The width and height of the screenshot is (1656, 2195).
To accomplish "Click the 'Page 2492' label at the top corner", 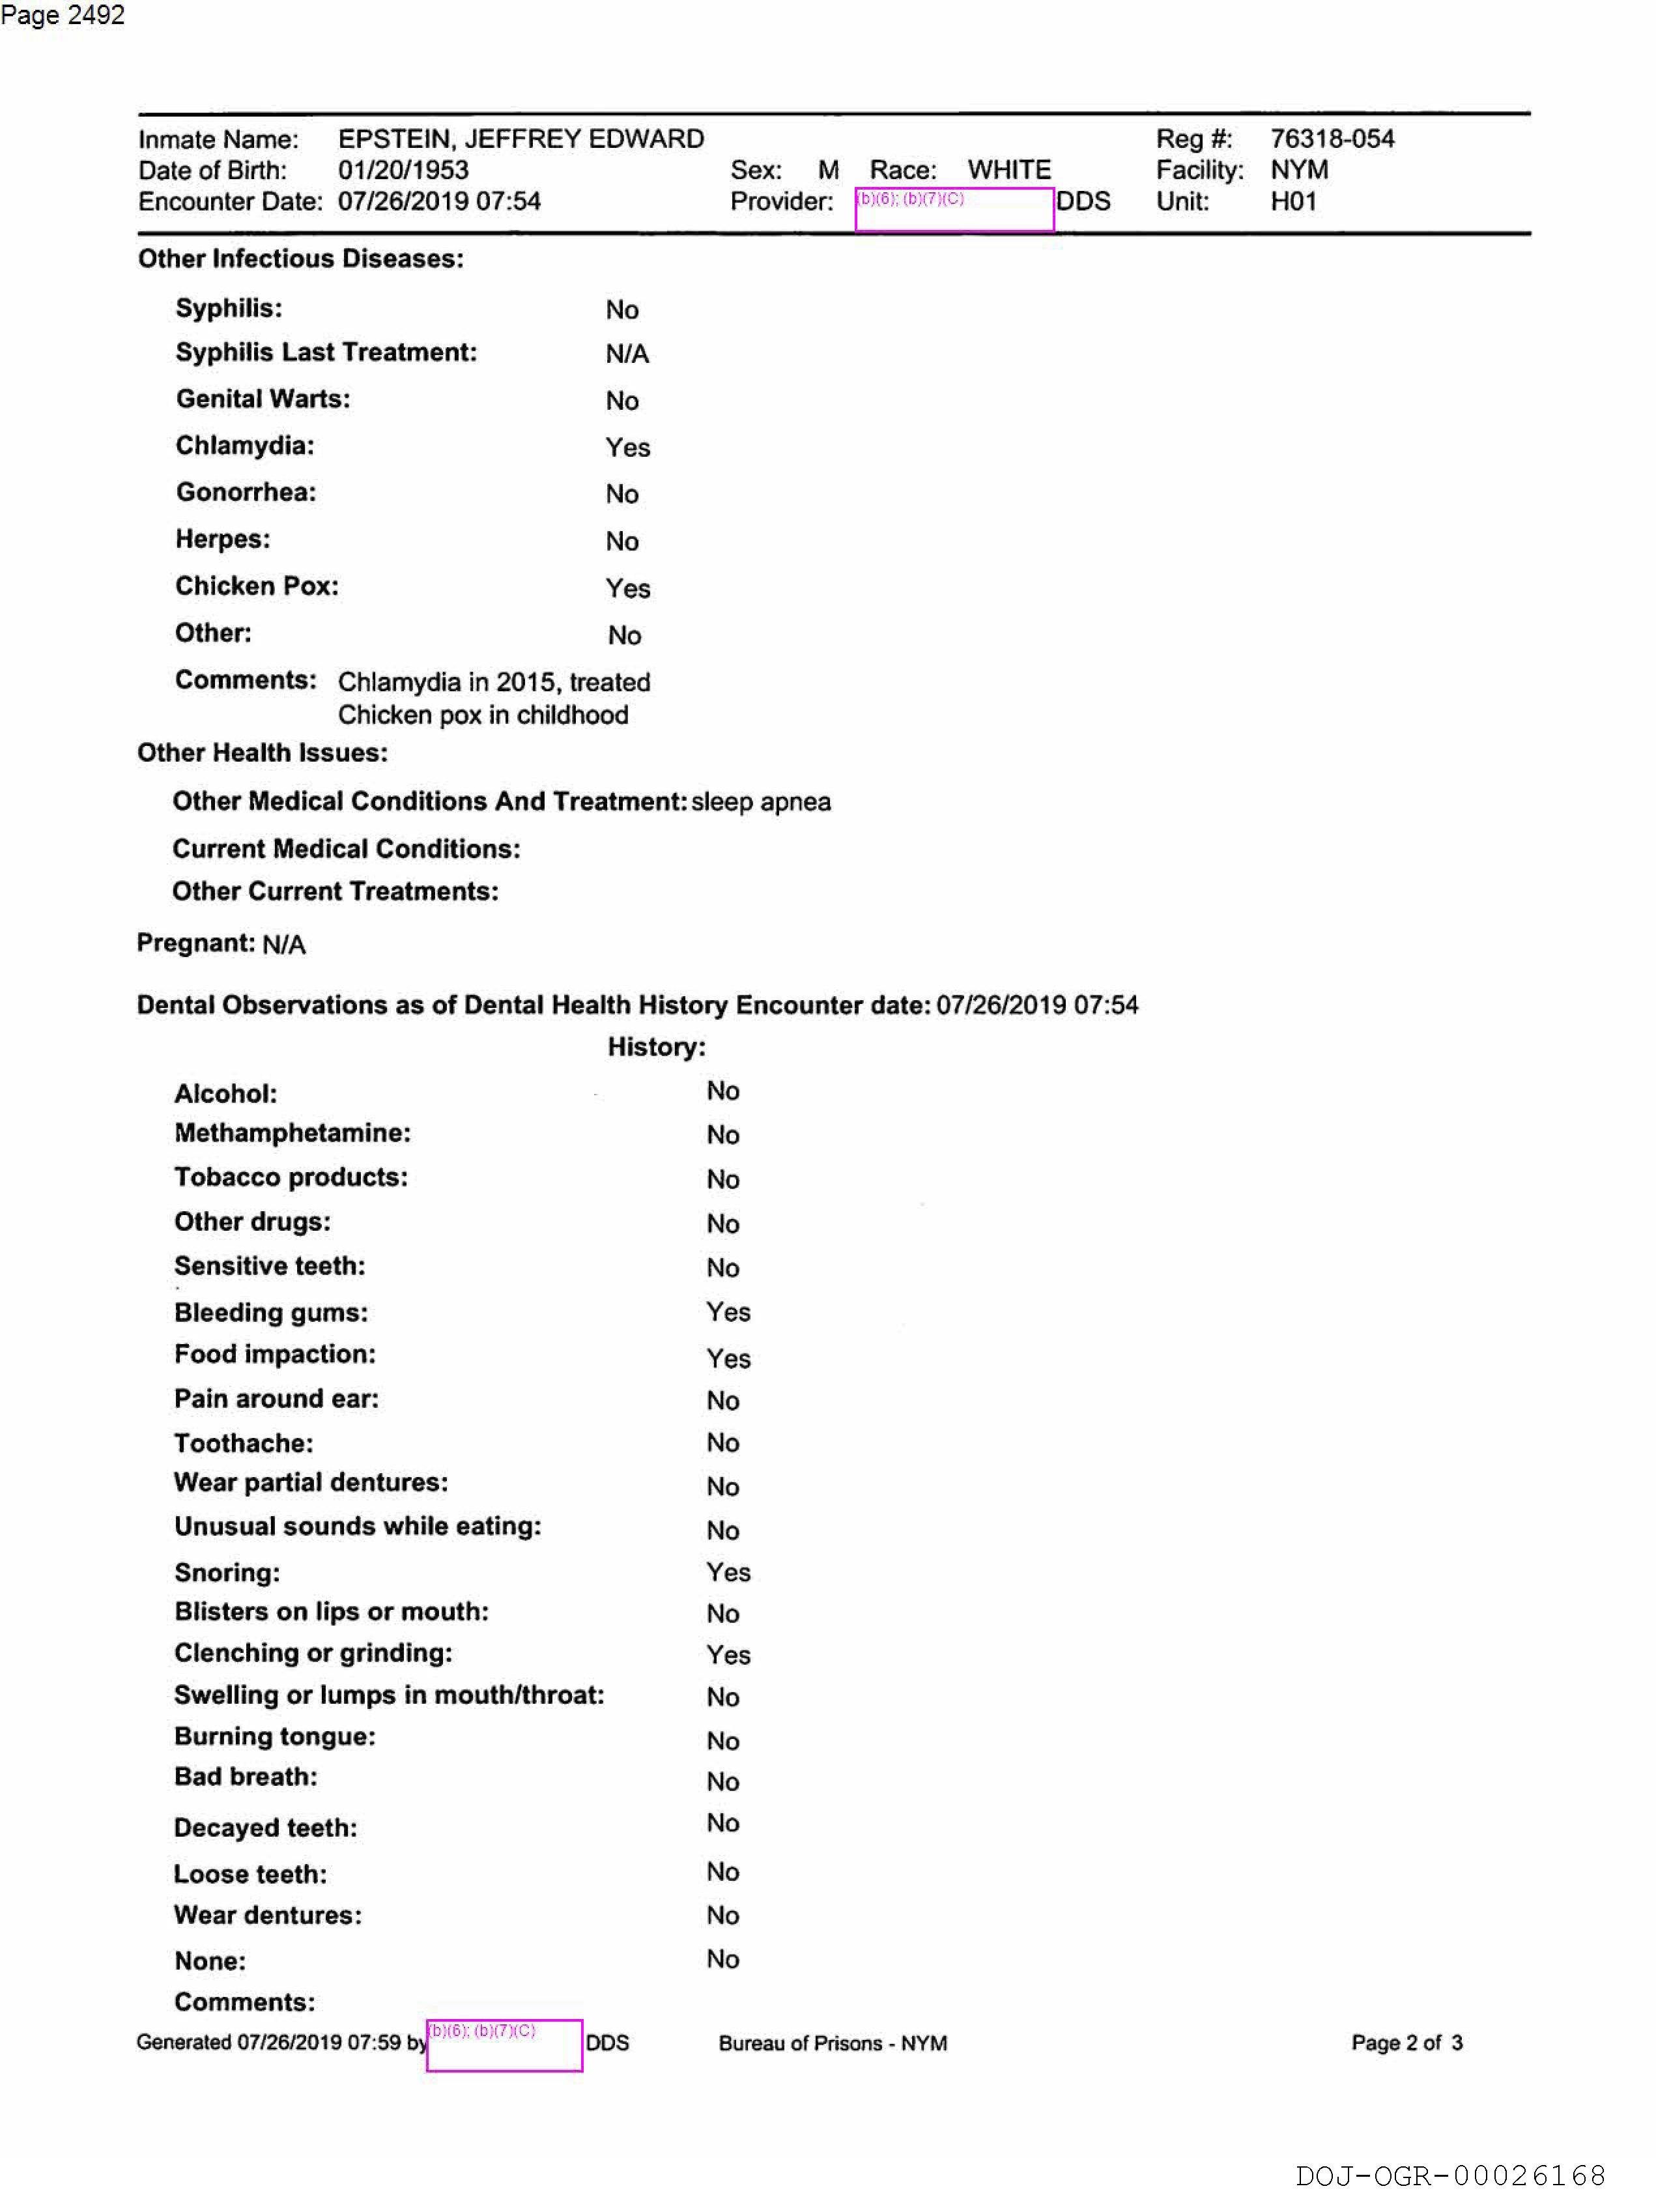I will tap(63, 15).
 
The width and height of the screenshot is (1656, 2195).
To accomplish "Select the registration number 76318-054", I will tap(1332, 139).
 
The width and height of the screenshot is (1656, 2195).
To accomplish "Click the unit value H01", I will tap(1293, 201).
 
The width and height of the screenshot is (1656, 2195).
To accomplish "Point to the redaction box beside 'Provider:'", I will tap(954, 209).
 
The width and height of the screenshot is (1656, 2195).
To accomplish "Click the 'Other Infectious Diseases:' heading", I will tap(300, 259).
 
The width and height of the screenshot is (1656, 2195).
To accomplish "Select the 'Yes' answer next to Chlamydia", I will tap(627, 448).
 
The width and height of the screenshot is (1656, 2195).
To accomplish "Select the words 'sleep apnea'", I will tap(761, 802).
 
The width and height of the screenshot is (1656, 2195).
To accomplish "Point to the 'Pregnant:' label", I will tap(195, 943).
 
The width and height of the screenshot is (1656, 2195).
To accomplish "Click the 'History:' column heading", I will tap(656, 1047).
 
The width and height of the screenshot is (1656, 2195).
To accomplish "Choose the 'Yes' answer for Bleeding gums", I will tap(727, 1312).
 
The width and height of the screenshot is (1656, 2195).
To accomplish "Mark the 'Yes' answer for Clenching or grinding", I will tap(727, 1655).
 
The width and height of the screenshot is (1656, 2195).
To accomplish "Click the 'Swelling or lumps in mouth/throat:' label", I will tap(389, 1695).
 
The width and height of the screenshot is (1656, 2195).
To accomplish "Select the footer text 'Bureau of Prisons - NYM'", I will tap(833, 2043).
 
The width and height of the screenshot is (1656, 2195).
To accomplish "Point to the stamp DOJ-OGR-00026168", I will tap(1449, 2175).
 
